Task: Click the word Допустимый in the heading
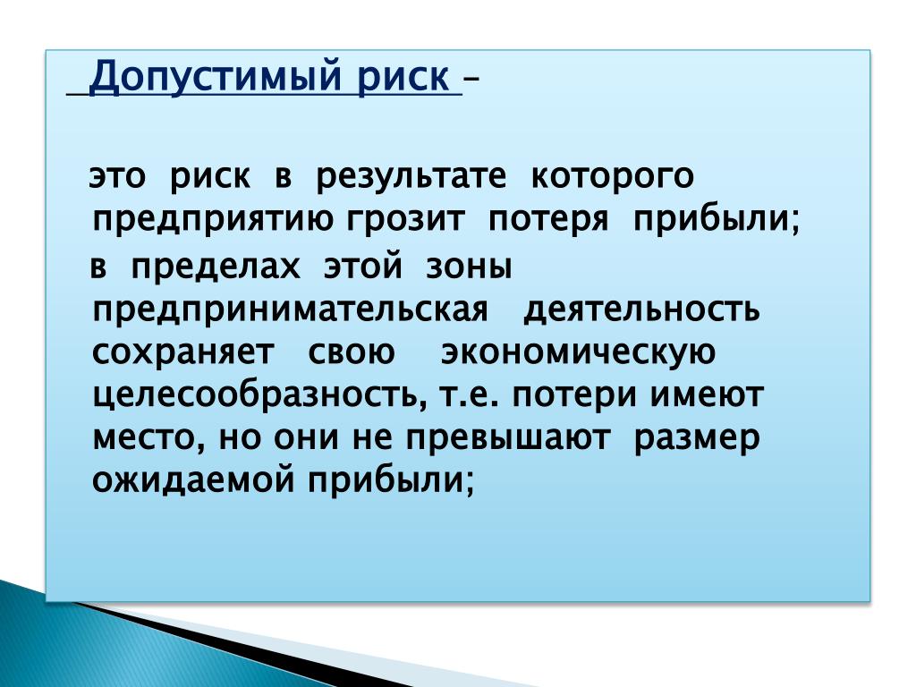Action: click(x=215, y=77)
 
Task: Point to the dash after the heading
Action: click(x=471, y=78)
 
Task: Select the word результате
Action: click(x=411, y=177)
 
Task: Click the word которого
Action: click(x=612, y=177)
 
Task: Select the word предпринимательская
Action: click(x=290, y=310)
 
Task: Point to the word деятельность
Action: click(x=641, y=310)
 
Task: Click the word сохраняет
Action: click(x=182, y=352)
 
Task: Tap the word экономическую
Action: click(x=578, y=352)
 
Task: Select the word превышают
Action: click(x=508, y=438)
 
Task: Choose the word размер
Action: click(x=697, y=439)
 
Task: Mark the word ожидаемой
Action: click(x=193, y=480)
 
